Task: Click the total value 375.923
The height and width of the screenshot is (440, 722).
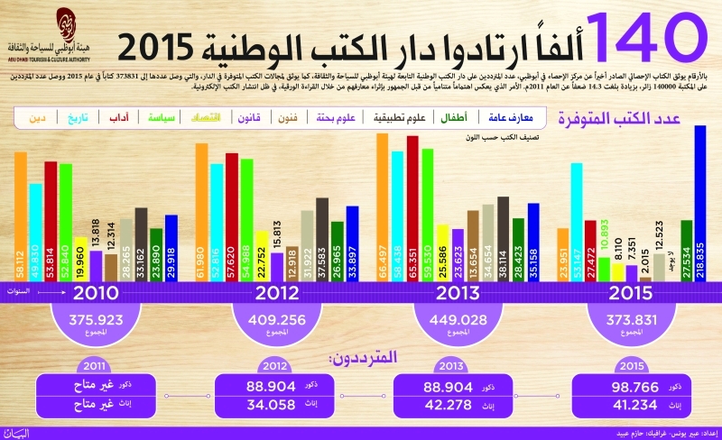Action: point(96,320)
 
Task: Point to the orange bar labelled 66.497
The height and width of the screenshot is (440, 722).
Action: point(383,207)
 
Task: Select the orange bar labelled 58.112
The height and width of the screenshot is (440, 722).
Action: point(21,216)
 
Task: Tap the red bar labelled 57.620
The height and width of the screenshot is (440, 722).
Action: point(232,217)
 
